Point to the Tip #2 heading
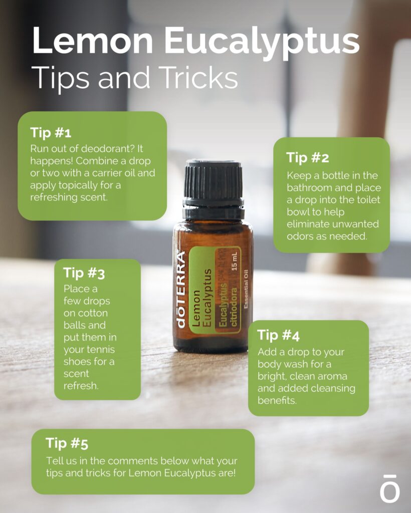click(x=308, y=158)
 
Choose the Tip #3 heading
click(x=84, y=273)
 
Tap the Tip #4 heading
click(x=279, y=335)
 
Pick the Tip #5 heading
click(x=67, y=443)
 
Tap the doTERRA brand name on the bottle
click(x=181, y=289)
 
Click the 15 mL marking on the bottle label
click(x=234, y=261)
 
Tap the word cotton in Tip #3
click(x=92, y=313)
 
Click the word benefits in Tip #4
click(x=277, y=400)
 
